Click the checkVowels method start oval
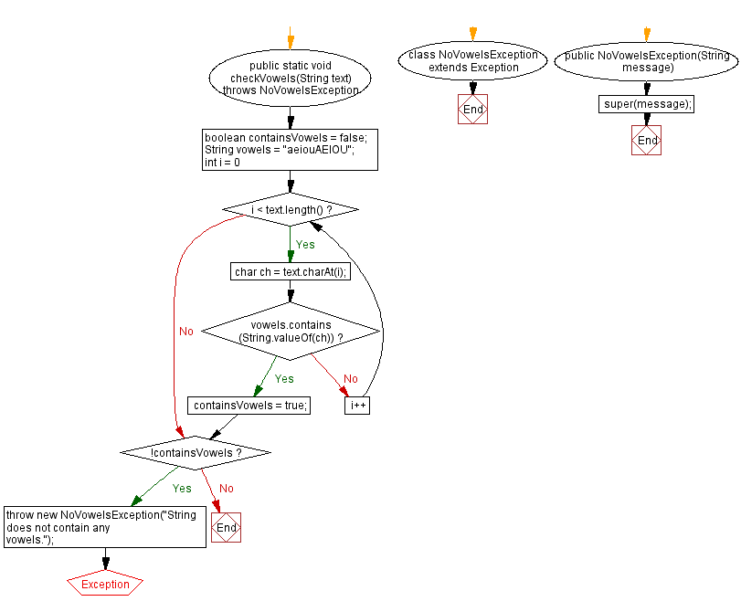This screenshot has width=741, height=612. pyautogui.click(x=291, y=78)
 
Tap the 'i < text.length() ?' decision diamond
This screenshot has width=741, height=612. pyautogui.click(x=291, y=210)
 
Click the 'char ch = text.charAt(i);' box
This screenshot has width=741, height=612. pyautogui.click(x=291, y=271)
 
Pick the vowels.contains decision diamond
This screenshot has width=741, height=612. pyautogui.click(x=291, y=331)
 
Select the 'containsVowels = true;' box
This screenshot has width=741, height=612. pyautogui.click(x=249, y=405)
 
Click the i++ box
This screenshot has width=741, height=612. pyautogui.click(x=356, y=405)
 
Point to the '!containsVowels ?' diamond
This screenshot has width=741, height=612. pyautogui.click(x=196, y=452)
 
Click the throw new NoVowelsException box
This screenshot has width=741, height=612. pyautogui.click(x=104, y=527)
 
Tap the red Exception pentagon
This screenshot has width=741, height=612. pyautogui.click(x=105, y=584)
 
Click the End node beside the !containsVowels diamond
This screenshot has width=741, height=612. pyautogui.click(x=226, y=527)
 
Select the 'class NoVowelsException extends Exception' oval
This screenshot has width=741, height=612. pyautogui.click(x=472, y=61)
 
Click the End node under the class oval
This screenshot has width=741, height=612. pyautogui.click(x=472, y=110)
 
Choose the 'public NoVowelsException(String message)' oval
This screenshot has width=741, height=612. pyautogui.click(x=647, y=61)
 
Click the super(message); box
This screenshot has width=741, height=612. pyautogui.click(x=647, y=104)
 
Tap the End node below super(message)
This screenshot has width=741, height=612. pyautogui.click(x=647, y=141)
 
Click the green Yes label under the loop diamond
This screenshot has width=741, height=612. pyautogui.click(x=305, y=244)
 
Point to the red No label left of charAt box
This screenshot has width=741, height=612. pyautogui.click(x=186, y=331)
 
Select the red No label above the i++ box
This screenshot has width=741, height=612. pyautogui.click(x=351, y=378)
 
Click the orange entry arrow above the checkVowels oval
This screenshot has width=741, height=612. pyautogui.click(x=291, y=39)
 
